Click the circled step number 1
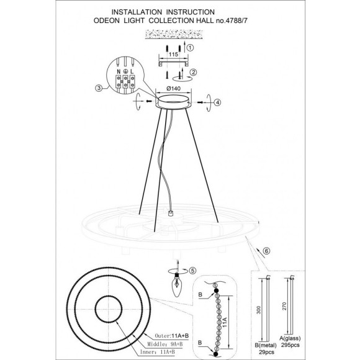[x=190, y=48]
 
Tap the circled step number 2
[x=194, y=72]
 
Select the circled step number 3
[x=99, y=88]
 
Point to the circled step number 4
[x=217, y=102]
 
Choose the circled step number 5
[x=193, y=271]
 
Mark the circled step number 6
[x=266, y=251]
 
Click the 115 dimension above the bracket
[x=173, y=55]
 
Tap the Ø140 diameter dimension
[x=174, y=88]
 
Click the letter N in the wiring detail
[x=119, y=71]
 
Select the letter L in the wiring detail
[x=132, y=71]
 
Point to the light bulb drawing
[x=176, y=285]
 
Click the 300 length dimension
[x=259, y=310]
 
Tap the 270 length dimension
[x=284, y=306]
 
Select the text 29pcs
[x=266, y=352]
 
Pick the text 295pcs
[x=290, y=345]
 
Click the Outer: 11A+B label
[x=172, y=336]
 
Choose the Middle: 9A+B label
[x=165, y=344]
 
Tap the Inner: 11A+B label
[x=158, y=352]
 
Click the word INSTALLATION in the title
[x=137, y=12]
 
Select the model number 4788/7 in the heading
[x=236, y=20]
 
